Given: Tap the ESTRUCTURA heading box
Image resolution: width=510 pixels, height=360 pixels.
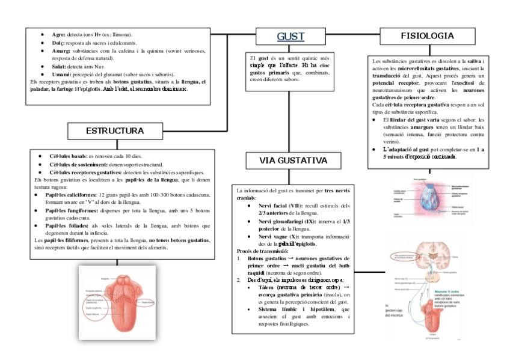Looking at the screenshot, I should pos(114,130).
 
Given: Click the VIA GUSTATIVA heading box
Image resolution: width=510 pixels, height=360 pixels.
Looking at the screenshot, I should pos(293,160).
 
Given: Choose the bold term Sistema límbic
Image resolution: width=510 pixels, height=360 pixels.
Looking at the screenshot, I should pos(269,309).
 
